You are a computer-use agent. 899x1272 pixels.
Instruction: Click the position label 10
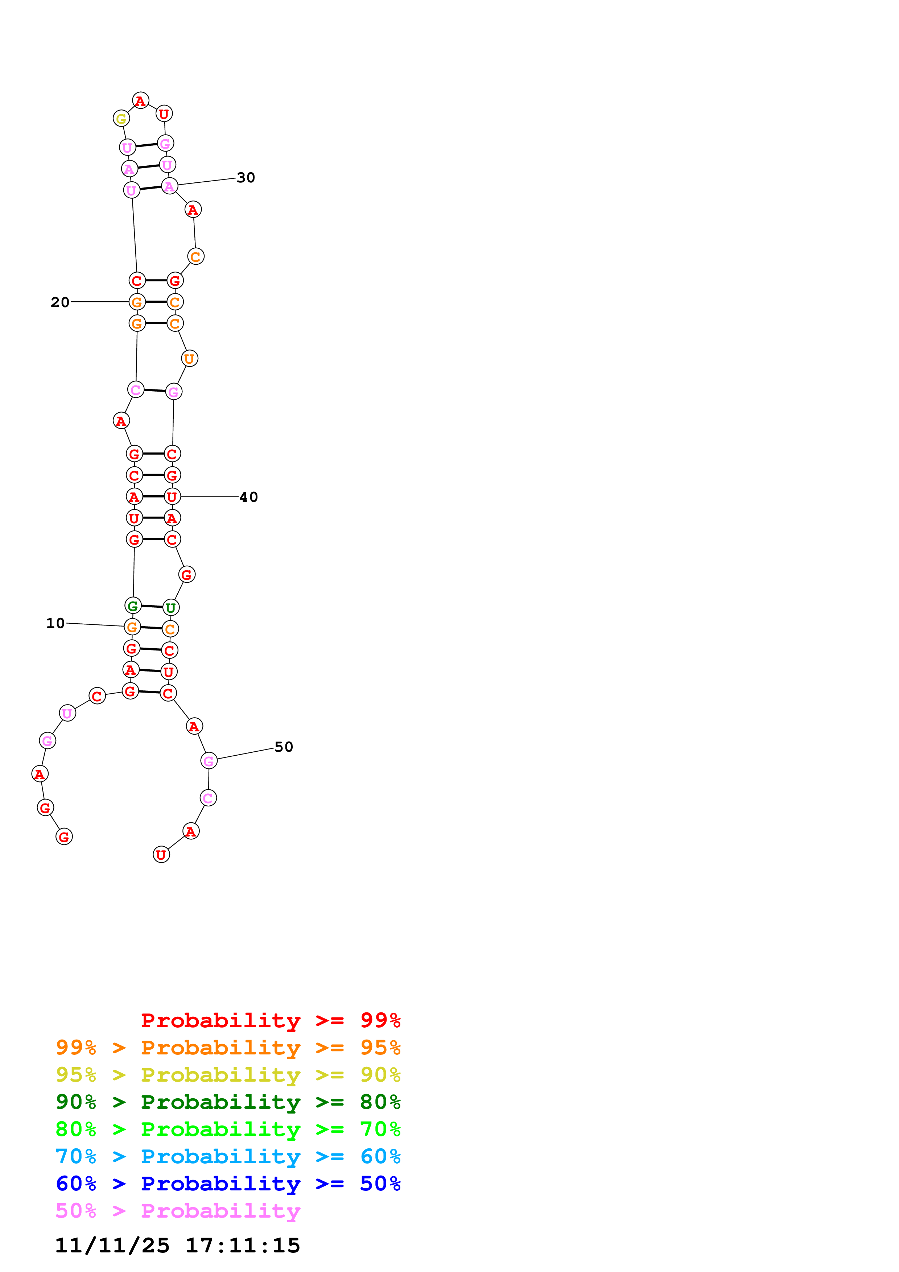pyautogui.click(x=55, y=623)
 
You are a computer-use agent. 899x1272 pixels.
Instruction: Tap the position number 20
pyautogui.click(x=60, y=302)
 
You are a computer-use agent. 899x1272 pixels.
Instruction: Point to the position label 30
pyautogui.click(x=246, y=178)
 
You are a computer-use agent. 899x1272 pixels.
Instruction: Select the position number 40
pyautogui.click(x=249, y=497)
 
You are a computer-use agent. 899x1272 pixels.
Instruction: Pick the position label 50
pyautogui.click(x=284, y=747)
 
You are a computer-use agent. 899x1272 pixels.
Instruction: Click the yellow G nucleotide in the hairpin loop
pyautogui.click(x=121, y=119)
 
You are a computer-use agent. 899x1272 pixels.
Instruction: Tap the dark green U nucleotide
pyautogui.click(x=170, y=608)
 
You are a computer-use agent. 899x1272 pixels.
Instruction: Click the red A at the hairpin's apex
pyautogui.click(x=141, y=101)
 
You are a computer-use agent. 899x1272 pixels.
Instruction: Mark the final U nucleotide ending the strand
pyautogui.click(x=161, y=855)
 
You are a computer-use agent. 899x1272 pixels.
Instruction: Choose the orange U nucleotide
pyautogui.click(x=189, y=359)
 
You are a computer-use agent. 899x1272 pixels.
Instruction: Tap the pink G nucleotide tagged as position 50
pyautogui.click(x=209, y=761)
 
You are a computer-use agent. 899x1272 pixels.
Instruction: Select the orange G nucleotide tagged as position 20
pyautogui.click(x=137, y=302)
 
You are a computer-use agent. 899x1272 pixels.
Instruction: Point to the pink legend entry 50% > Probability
pyautogui.click(x=178, y=1211)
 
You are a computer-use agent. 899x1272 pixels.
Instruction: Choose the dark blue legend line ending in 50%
pyautogui.click(x=228, y=1184)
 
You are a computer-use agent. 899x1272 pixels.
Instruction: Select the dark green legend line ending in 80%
pyautogui.click(x=228, y=1102)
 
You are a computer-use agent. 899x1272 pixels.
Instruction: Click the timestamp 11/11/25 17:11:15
pyautogui.click(x=177, y=1246)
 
